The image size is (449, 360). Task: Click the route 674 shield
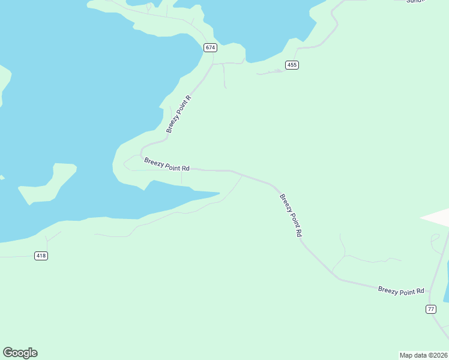point(209,47)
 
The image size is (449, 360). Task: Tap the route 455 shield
point(292,65)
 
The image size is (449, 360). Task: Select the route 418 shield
point(41,256)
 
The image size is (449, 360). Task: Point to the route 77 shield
point(431,309)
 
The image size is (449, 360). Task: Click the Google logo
point(20,353)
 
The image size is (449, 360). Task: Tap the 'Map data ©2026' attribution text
point(423,355)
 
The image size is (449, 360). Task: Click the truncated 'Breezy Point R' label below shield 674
point(179,114)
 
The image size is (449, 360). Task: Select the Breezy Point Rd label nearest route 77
point(401,290)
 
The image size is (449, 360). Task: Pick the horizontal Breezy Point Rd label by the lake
point(167,164)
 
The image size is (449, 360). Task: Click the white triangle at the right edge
point(438,217)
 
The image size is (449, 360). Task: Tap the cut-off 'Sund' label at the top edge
point(415,2)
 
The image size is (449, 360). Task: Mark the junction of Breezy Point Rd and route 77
point(430,294)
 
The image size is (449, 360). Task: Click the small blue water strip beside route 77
point(446,288)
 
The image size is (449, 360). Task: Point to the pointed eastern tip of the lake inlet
point(219,193)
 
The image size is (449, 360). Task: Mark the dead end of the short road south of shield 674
point(226,88)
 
